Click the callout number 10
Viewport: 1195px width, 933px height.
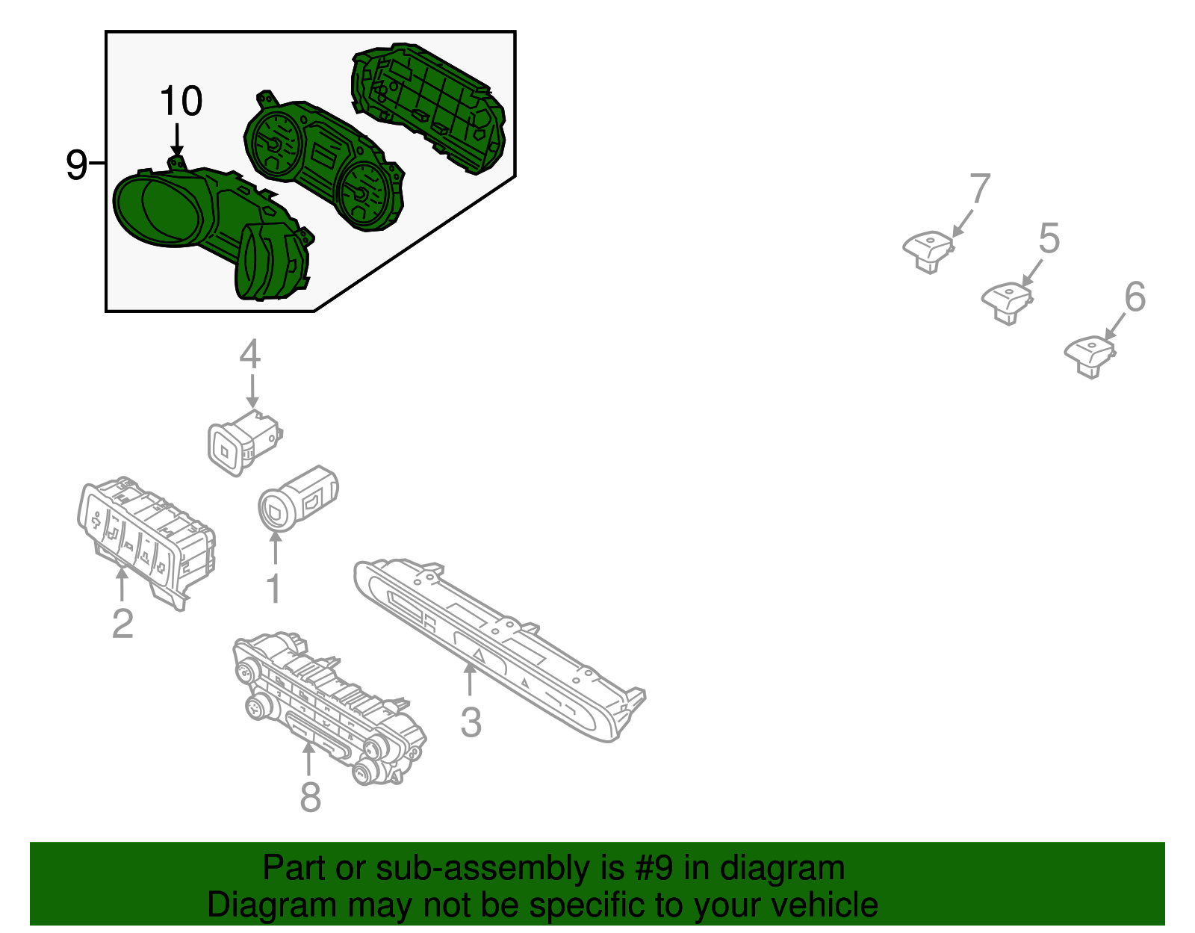[x=181, y=101]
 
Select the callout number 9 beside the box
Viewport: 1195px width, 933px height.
[x=76, y=164]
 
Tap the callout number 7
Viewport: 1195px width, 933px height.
[x=980, y=188]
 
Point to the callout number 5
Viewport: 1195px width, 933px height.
[x=1049, y=238]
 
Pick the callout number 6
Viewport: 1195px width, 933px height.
[x=1135, y=297]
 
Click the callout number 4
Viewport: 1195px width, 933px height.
[x=249, y=354]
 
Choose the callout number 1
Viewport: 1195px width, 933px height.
[x=273, y=589]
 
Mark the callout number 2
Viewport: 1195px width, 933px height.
[x=122, y=624]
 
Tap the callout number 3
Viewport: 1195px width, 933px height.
[x=471, y=722]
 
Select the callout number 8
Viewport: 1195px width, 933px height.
[x=310, y=796]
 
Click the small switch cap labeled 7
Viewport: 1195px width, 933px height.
[x=928, y=251]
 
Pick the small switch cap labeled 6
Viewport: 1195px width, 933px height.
[x=1090, y=356]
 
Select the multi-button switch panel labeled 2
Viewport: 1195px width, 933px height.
[x=146, y=542]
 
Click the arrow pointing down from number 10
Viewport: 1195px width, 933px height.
[x=176, y=140]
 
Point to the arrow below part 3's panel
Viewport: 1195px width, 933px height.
[x=469, y=680]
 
